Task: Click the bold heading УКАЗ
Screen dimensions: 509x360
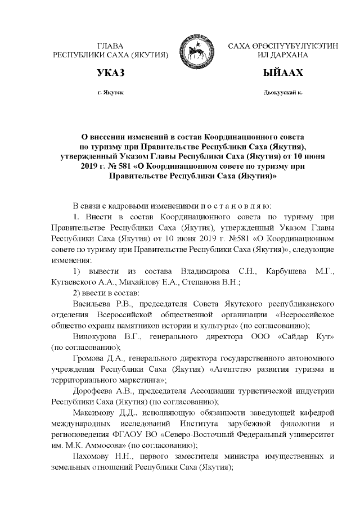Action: click(x=110, y=73)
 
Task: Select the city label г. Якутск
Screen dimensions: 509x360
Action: click(x=110, y=92)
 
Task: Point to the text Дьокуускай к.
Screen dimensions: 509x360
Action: click(x=282, y=92)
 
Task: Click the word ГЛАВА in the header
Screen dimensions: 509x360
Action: click(x=110, y=46)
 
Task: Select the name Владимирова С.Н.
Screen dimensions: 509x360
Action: click(x=216, y=272)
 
